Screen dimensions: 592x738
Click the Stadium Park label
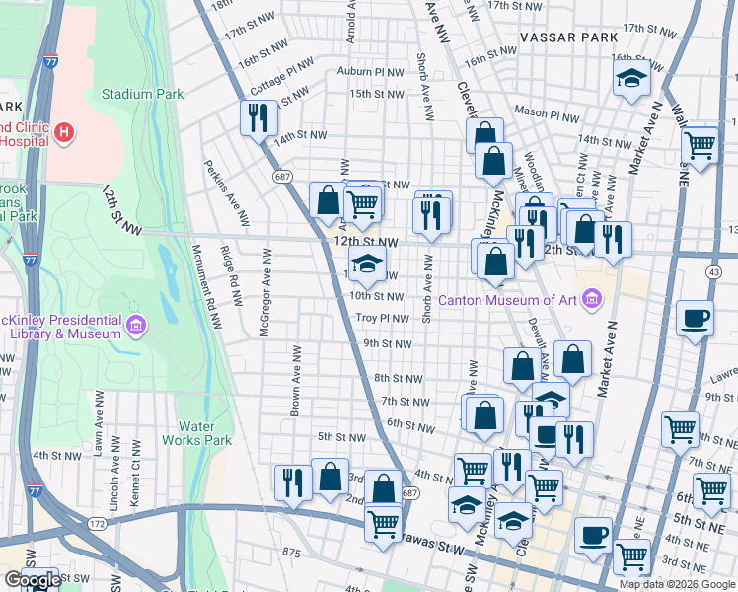coord(142,95)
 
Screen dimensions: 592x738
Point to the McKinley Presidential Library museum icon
coord(136,324)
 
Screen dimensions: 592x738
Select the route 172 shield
coord(96,522)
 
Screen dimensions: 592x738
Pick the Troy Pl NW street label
coord(382,318)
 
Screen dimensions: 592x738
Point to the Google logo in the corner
coord(33,579)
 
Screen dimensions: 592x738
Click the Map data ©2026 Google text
coord(677,584)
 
